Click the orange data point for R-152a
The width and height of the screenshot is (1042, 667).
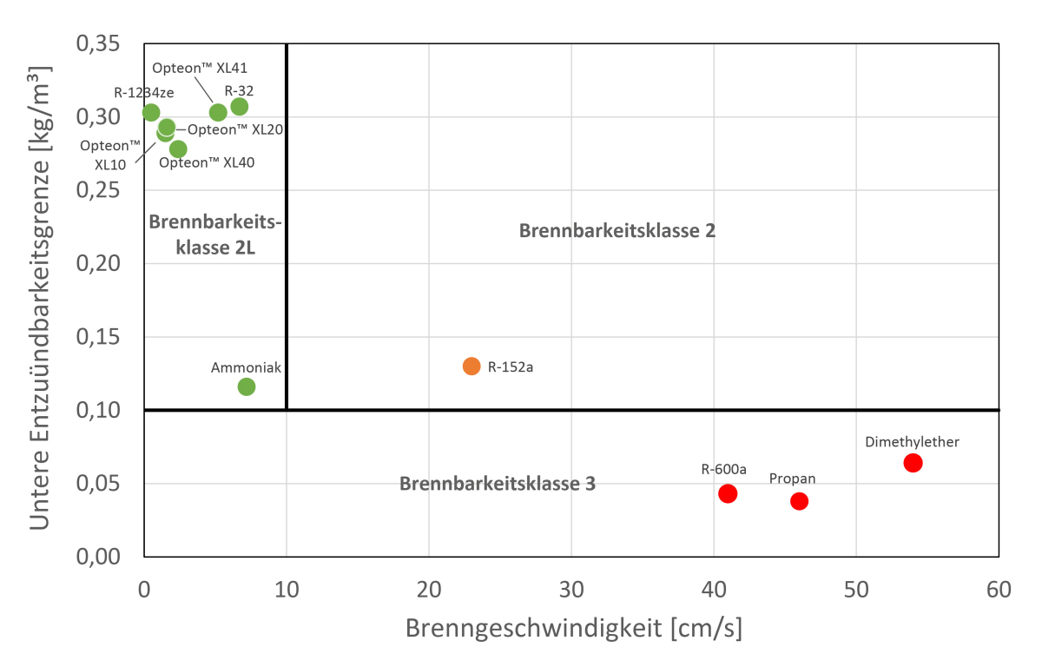pyautogui.click(x=472, y=366)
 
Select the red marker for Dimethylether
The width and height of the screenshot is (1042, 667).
pyautogui.click(x=913, y=463)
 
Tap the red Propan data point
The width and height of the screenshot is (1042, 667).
pyautogui.click(x=799, y=500)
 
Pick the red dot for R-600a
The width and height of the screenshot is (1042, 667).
pyautogui.click(x=728, y=493)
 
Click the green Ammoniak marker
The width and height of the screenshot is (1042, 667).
pyautogui.click(x=247, y=386)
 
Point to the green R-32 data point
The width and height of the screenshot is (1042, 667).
pyautogui.click(x=240, y=106)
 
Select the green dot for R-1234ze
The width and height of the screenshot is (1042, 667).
pyautogui.click(x=151, y=112)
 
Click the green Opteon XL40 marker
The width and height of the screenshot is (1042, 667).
pyautogui.click(x=178, y=149)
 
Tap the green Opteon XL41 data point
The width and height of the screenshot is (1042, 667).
pyautogui.click(x=218, y=112)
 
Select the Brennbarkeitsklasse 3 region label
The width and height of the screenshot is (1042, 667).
pyautogui.click(x=497, y=484)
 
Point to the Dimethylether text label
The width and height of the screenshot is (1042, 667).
pyautogui.click(x=912, y=442)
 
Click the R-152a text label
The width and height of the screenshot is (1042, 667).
pyautogui.click(x=510, y=367)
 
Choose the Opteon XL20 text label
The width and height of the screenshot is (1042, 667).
pyautogui.click(x=235, y=129)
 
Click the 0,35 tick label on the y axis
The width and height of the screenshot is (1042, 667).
pyautogui.click(x=102, y=43)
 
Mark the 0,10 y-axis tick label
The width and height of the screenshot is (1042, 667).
pyautogui.click(x=102, y=410)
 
